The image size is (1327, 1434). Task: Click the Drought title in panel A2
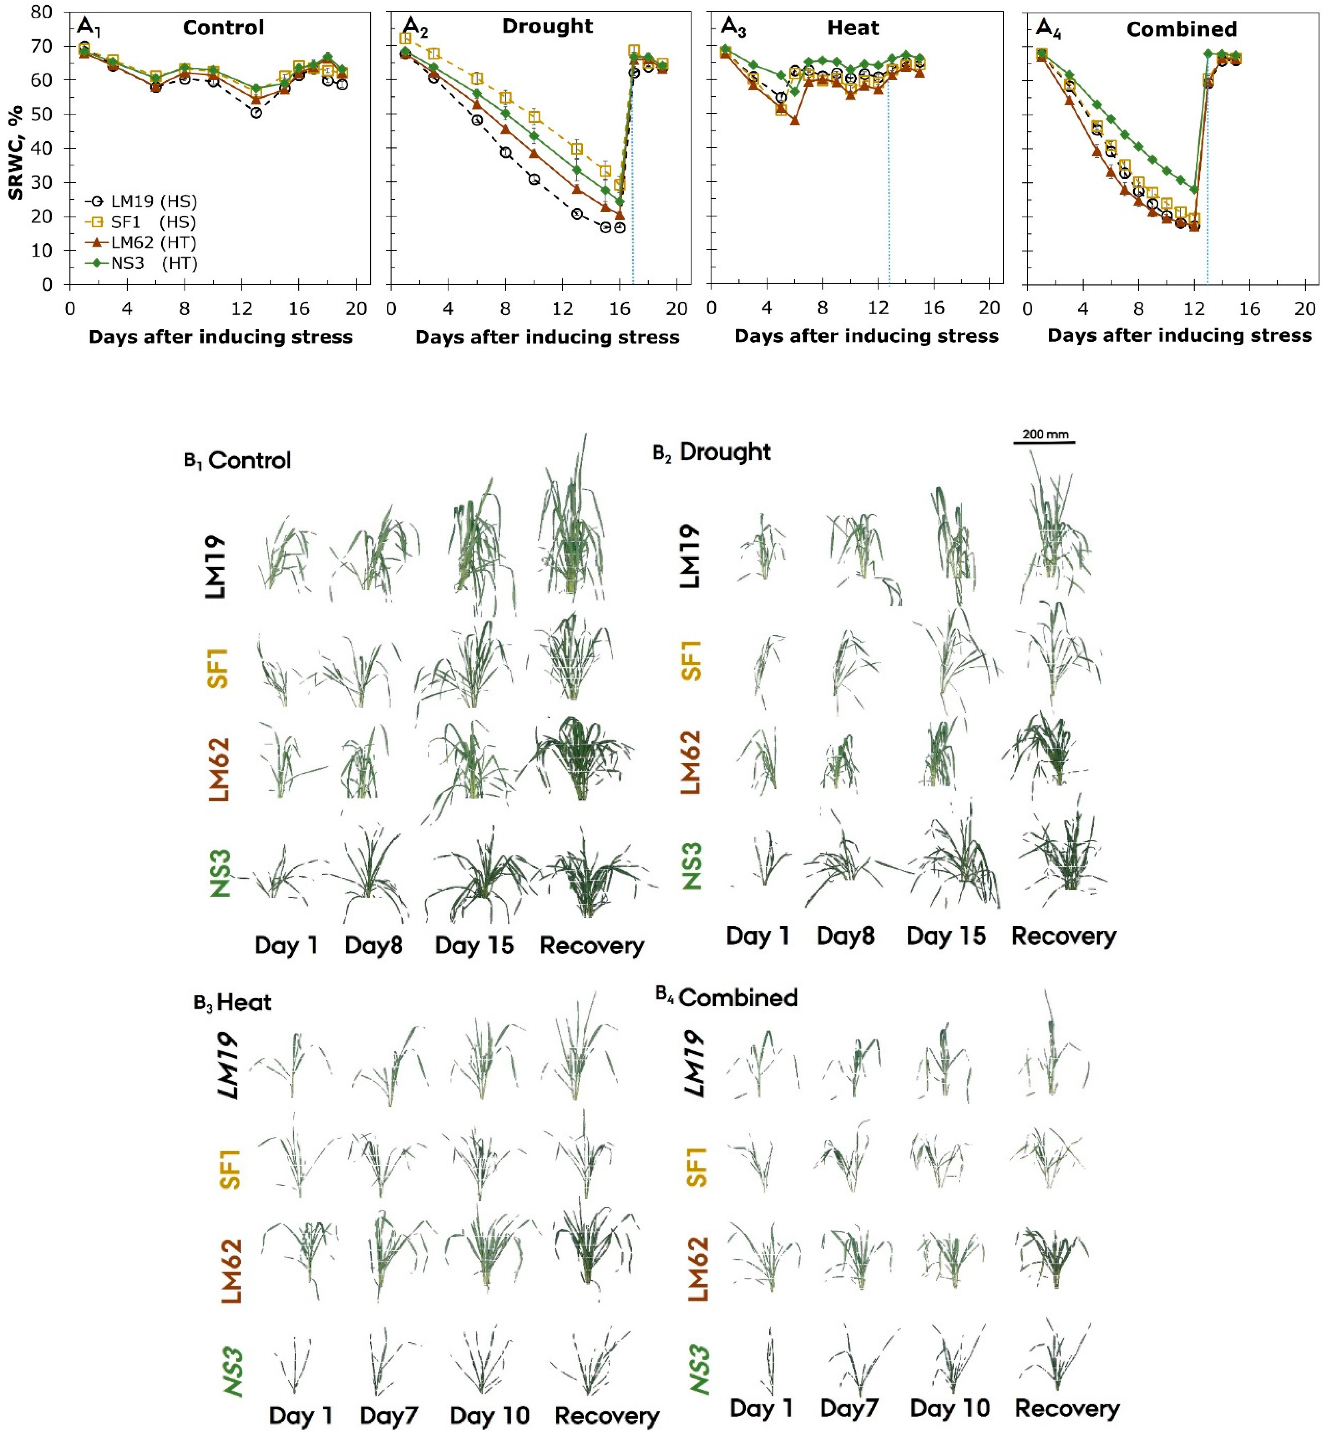[547, 27]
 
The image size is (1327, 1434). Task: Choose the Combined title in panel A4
[1181, 29]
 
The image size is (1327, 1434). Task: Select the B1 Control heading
[238, 460]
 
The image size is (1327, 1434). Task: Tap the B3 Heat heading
[233, 1002]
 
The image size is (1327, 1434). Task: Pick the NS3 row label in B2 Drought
[692, 865]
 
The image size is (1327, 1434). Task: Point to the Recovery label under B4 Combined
[1067, 1409]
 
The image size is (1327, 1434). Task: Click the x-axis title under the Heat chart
[866, 336]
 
